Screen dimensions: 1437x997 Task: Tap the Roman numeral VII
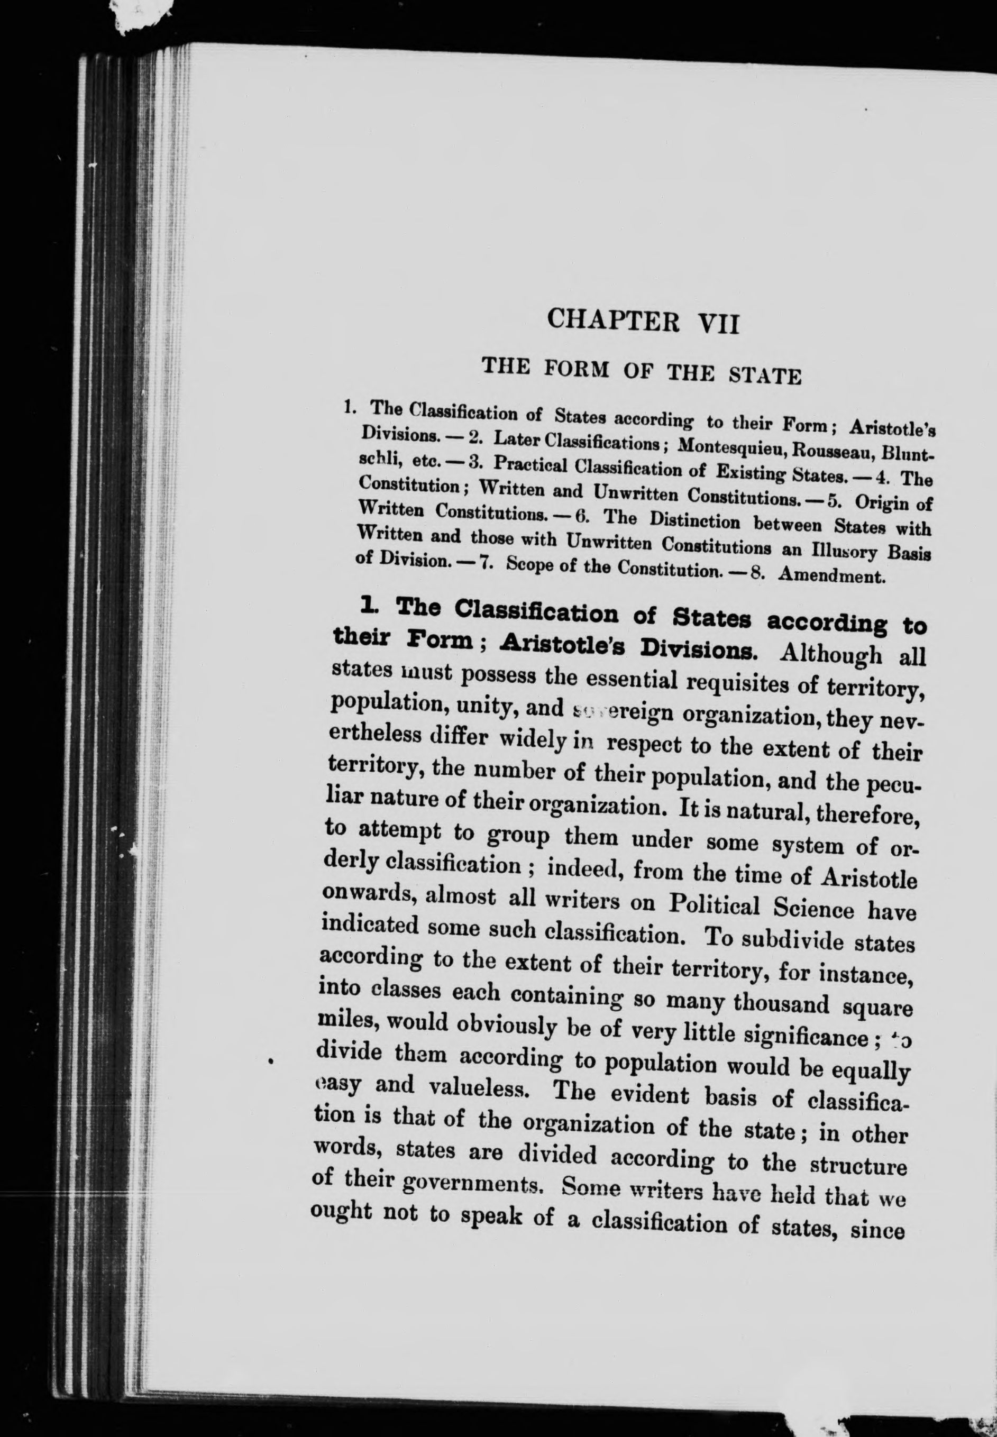pyautogui.click(x=718, y=325)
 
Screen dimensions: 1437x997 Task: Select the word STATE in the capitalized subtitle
pyautogui.click(x=765, y=376)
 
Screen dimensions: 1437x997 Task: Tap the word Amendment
pyautogui.click(x=832, y=575)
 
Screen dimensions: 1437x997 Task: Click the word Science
pyautogui.click(x=813, y=909)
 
